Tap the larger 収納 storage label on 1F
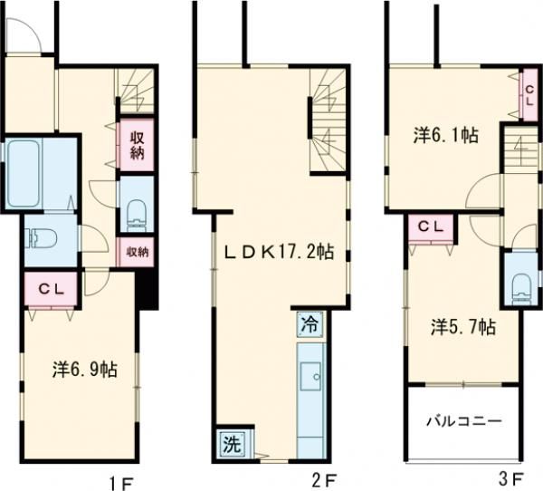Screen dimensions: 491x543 coord(134,145)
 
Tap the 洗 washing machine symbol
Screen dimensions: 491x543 coord(232,444)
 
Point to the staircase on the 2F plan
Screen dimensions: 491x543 coord(329,122)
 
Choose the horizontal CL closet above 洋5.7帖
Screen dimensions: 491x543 coord(430,226)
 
